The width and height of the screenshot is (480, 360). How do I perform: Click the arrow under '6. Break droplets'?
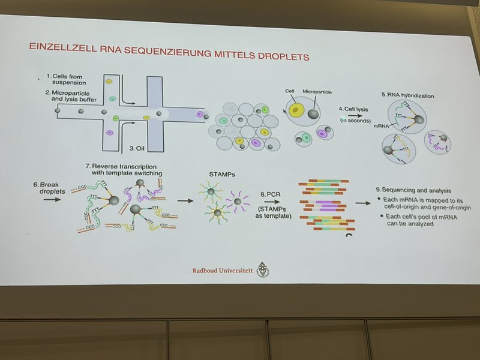[52, 199]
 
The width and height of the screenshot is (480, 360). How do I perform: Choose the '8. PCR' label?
[272, 195]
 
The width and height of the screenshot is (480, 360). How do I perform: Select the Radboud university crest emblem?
[263, 271]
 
